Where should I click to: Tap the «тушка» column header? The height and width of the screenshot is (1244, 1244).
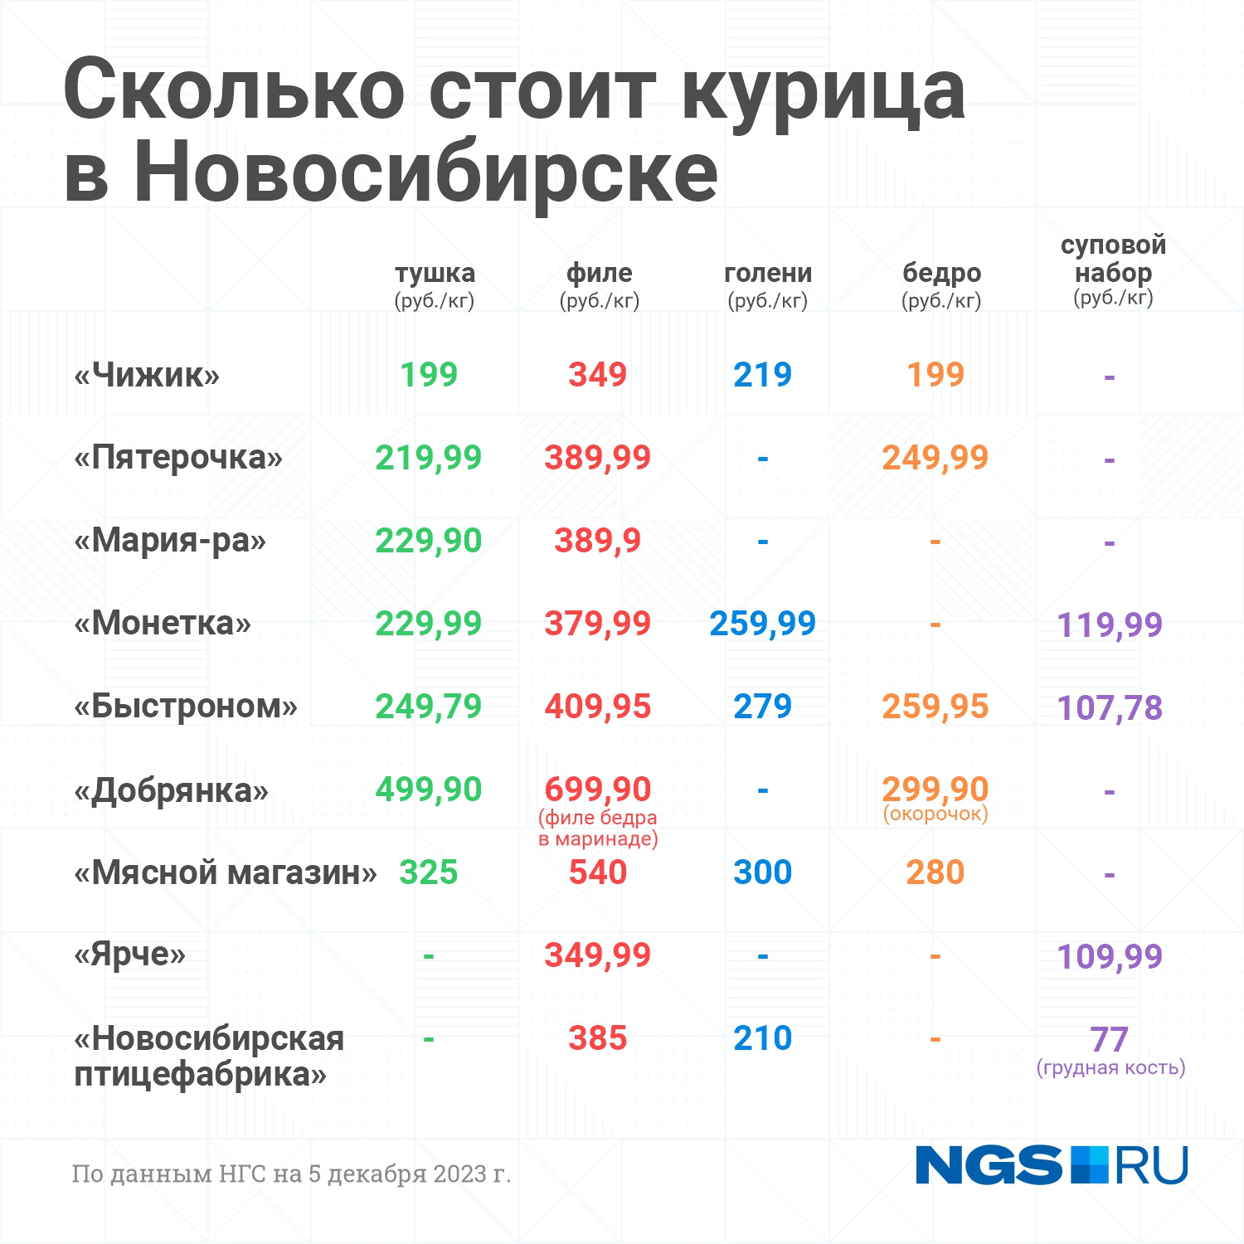[x=435, y=273]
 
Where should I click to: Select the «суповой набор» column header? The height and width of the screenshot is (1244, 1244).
[x=1113, y=258]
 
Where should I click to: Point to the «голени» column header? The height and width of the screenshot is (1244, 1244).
[x=768, y=273]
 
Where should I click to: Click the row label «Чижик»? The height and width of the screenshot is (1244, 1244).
[x=147, y=375]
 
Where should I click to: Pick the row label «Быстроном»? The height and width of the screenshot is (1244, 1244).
[x=186, y=707]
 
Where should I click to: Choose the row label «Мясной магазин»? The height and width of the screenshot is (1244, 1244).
[x=226, y=872]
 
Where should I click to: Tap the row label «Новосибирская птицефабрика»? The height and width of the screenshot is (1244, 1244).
[x=209, y=1056]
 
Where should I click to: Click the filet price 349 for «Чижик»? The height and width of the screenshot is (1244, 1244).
[x=597, y=375]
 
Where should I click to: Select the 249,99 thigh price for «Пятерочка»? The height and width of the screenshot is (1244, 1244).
[x=935, y=458]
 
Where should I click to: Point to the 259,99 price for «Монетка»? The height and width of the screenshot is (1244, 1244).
[x=762, y=624]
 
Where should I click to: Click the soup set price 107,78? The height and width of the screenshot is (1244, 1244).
[x=1110, y=708]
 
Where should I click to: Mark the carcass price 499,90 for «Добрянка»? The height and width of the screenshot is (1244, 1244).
[x=428, y=790]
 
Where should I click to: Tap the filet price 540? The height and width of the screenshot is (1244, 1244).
[x=597, y=872]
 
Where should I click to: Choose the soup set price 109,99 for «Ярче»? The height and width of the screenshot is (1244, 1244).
[x=1110, y=957]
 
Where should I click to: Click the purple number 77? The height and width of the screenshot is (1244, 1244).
[x=1109, y=1039]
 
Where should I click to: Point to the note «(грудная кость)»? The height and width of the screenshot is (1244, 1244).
[x=1110, y=1067]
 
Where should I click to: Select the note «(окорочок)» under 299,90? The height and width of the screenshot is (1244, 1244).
[x=935, y=814]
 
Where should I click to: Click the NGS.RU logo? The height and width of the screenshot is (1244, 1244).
[x=1052, y=1165]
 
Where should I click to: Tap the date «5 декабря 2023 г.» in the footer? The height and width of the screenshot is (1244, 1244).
[x=410, y=1174]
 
